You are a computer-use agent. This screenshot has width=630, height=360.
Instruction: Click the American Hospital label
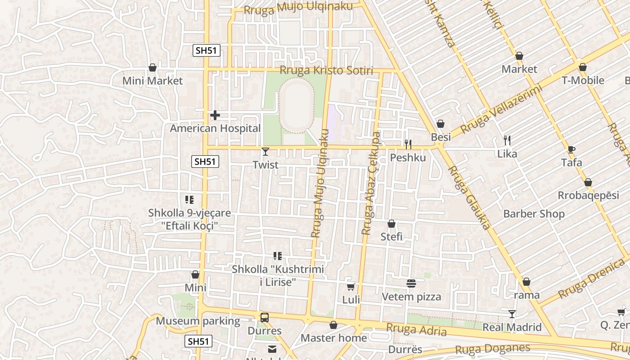pyautogui.click(x=215, y=129)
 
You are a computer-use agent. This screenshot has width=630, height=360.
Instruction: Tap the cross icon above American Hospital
pyautogui.click(x=215, y=116)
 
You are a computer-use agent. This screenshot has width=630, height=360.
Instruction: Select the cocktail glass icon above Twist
pyautogui.click(x=265, y=152)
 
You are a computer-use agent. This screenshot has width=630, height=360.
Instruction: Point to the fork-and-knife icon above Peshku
pyautogui.click(x=408, y=144)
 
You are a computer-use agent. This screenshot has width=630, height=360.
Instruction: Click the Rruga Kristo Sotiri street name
pyautogui.click(x=326, y=71)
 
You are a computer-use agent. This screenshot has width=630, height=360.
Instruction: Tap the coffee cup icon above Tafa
pyautogui.click(x=571, y=149)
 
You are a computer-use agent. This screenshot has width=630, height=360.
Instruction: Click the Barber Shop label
pyautogui.click(x=534, y=214)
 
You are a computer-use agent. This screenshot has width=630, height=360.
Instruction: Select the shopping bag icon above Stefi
pyautogui.click(x=391, y=224)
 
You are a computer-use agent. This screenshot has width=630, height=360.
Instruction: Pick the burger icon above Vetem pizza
pyautogui.click(x=411, y=283)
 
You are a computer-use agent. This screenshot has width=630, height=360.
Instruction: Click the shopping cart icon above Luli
pyautogui.click(x=351, y=287)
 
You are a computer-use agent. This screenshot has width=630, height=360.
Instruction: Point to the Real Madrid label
pyautogui.click(x=512, y=327)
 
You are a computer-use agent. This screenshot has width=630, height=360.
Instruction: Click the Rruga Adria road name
pyautogui.click(x=416, y=330)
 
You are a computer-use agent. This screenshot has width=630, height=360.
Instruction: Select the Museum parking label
pyautogui.click(x=198, y=321)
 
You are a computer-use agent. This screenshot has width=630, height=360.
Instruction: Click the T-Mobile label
pyautogui.click(x=583, y=81)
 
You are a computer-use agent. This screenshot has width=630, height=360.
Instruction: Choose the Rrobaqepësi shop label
pyautogui.click(x=588, y=196)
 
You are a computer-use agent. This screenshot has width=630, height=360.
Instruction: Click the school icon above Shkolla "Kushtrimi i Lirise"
pyautogui.click(x=278, y=256)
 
